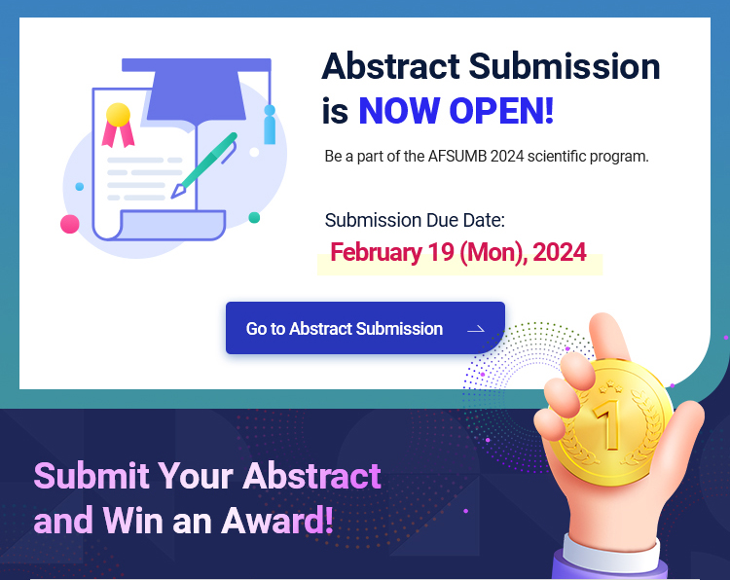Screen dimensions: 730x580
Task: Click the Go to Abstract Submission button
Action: coord(365,328)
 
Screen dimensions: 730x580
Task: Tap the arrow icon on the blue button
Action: coord(476,330)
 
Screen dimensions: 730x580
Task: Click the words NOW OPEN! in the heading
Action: coord(456,111)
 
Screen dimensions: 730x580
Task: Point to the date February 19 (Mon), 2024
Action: coord(458,252)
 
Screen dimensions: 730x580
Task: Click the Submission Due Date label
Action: coord(415,220)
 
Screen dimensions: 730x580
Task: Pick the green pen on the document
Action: coord(204,165)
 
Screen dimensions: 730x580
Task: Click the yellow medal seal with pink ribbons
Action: coord(118,125)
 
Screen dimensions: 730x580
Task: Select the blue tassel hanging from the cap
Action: coord(270,125)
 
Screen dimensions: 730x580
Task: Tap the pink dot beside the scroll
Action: coord(70,224)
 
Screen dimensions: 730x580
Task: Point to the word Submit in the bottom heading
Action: coord(91,476)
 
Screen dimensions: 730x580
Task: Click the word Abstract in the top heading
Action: coord(390,66)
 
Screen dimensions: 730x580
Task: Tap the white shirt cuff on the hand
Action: coord(611,553)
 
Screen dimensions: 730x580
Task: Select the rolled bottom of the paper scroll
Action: coord(167,226)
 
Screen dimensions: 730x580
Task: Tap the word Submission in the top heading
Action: coord(565,66)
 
